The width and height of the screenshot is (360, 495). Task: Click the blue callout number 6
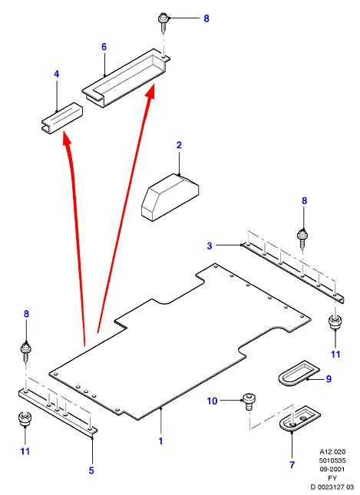pyautogui.click(x=104, y=47)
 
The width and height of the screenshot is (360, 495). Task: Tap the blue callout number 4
pyautogui.click(x=56, y=74)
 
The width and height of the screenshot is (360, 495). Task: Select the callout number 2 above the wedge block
pyautogui.click(x=179, y=145)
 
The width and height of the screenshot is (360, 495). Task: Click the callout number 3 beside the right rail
pyautogui.click(x=210, y=246)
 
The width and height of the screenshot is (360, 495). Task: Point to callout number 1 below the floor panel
pyautogui.click(x=160, y=441)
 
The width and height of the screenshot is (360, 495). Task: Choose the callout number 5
pyautogui.click(x=91, y=470)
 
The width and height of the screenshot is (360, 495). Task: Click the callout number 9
pyautogui.click(x=329, y=379)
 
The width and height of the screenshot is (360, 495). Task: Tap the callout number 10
pyautogui.click(x=212, y=401)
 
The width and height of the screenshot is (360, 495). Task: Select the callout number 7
pyautogui.click(x=292, y=465)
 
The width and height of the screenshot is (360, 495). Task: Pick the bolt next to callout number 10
pyautogui.click(x=249, y=402)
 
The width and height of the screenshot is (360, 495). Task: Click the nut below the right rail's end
pyautogui.click(x=335, y=322)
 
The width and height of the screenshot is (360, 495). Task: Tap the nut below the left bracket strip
pyautogui.click(x=25, y=419)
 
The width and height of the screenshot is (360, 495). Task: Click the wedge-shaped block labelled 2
pyautogui.click(x=170, y=197)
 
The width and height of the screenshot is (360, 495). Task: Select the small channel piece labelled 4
pyautogui.click(x=62, y=117)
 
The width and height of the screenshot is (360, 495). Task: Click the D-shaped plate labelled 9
pyautogui.click(x=299, y=374)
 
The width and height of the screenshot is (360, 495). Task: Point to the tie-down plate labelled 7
pyautogui.click(x=300, y=417)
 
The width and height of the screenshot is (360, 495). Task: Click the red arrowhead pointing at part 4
pyautogui.click(x=66, y=138)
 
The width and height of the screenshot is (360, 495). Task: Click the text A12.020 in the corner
pyautogui.click(x=332, y=452)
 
